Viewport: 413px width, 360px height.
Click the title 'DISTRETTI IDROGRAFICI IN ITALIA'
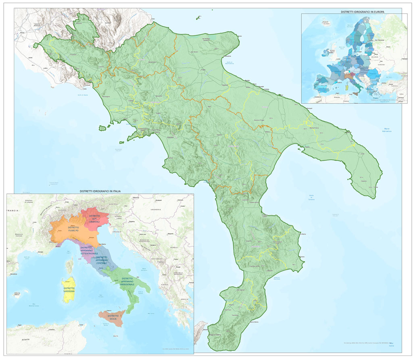click(100, 190)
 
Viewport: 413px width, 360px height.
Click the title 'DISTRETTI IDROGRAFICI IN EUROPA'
click(361, 12)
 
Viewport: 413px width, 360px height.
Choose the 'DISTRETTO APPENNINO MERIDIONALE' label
click(127, 281)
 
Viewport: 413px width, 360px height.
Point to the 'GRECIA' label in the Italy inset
click(184, 299)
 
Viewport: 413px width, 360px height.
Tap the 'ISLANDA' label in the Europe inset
click(326, 24)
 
